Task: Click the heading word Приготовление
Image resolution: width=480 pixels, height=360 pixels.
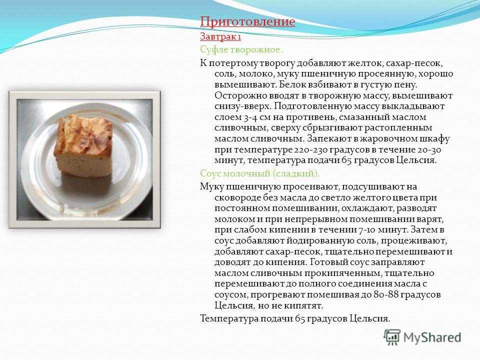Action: click(x=247, y=21)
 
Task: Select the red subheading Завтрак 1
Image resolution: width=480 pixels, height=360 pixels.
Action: click(x=220, y=36)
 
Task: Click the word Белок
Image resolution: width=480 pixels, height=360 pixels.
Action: click(x=291, y=84)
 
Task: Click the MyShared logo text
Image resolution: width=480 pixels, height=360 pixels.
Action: click(x=432, y=337)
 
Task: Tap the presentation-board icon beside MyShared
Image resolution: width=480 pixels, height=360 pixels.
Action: click(x=392, y=337)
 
